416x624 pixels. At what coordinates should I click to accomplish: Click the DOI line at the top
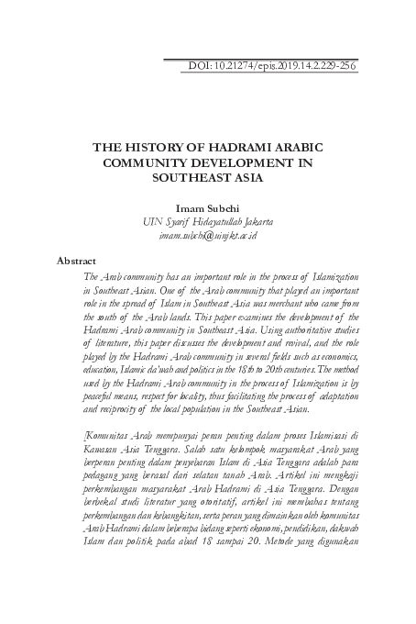[x=270, y=65]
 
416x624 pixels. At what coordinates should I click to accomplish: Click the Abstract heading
[x=77, y=261]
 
